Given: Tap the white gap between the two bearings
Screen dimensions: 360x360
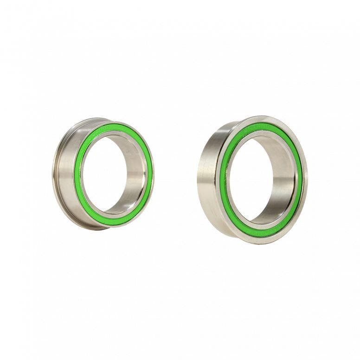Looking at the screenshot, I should click(x=176, y=176).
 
